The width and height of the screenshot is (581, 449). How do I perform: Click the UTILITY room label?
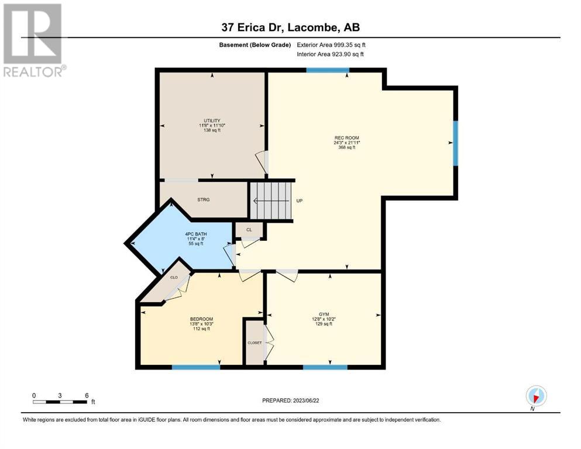pyautogui.click(x=212, y=120)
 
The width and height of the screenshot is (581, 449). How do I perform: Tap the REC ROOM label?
pyautogui.click(x=347, y=138)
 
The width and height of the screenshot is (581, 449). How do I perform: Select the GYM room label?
pyautogui.click(x=324, y=315)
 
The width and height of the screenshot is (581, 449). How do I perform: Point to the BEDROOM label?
pyautogui.click(x=202, y=319)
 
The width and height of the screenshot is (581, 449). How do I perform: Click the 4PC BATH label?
pyautogui.click(x=196, y=234)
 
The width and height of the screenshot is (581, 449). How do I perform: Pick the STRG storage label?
pyautogui.click(x=204, y=199)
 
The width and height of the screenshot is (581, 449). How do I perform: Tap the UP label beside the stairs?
pyautogui.click(x=300, y=201)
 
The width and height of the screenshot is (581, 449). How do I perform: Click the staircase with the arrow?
pyautogui.click(x=271, y=201)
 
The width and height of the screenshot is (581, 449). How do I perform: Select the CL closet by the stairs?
pyautogui.click(x=249, y=230)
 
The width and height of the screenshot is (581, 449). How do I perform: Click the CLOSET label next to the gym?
pyautogui.click(x=255, y=343)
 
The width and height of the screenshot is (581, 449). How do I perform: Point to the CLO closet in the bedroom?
pyautogui.click(x=174, y=277)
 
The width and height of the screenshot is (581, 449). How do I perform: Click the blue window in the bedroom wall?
pyautogui.click(x=196, y=367)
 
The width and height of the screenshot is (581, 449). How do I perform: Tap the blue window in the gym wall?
pyautogui.click(x=325, y=367)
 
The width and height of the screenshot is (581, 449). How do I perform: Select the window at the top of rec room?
pyautogui.click(x=328, y=70)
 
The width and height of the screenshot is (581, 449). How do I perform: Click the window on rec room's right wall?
pyautogui.click(x=456, y=143)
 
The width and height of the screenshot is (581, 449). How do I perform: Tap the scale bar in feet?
pyautogui.click(x=60, y=402)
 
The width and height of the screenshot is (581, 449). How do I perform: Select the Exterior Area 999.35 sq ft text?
pyautogui.click(x=331, y=45)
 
